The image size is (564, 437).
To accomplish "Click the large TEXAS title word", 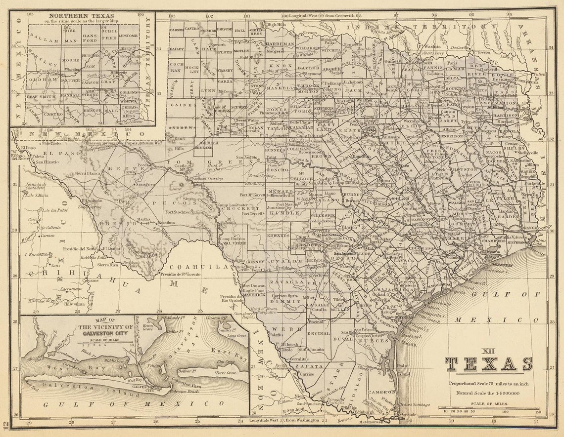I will pos(489,364).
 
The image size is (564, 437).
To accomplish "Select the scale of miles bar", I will pos(489,408).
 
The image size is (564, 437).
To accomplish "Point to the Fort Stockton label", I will pos(178,212).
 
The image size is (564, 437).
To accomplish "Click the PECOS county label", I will pos(162,202).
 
